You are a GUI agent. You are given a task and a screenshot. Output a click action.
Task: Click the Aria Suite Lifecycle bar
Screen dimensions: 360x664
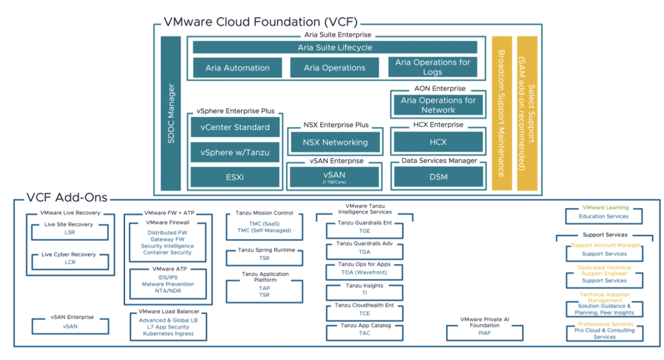[335, 47]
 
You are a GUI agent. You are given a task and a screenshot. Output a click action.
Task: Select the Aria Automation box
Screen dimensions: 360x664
[237, 67]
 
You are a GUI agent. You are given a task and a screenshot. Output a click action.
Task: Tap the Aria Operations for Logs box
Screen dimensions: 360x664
[433, 67]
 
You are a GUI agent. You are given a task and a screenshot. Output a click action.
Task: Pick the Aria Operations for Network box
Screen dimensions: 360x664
[438, 104]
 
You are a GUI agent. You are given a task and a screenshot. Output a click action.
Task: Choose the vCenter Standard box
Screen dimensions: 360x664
[235, 127]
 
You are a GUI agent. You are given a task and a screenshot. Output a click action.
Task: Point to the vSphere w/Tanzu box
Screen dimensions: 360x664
[235, 152]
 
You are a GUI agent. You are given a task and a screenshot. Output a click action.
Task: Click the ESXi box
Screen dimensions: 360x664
[235, 177]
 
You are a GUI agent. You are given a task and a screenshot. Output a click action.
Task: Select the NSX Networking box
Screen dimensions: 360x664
[335, 142]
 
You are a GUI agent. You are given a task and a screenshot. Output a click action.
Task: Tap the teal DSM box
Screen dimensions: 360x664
[438, 177]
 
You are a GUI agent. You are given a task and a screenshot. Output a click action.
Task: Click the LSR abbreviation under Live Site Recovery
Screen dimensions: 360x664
[70, 232]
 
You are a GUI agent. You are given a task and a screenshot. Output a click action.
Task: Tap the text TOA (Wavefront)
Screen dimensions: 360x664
[364, 273]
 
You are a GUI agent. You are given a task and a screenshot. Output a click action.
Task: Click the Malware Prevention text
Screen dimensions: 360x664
[168, 284]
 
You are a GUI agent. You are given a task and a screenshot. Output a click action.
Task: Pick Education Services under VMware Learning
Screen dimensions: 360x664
[604, 216]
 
